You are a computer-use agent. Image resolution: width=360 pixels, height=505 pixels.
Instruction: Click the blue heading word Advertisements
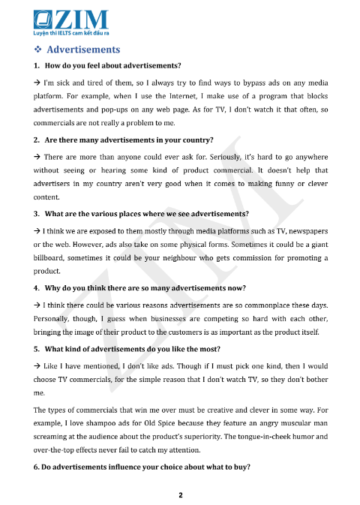coord(83,50)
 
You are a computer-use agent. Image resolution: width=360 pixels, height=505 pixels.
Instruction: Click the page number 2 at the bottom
coord(180,496)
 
